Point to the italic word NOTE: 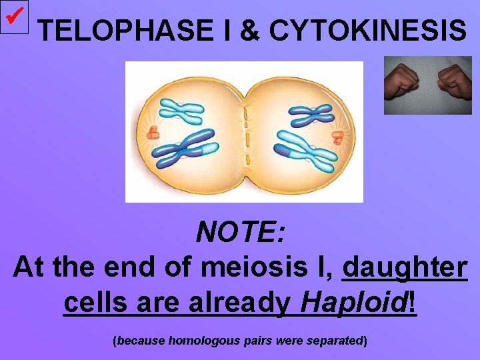(241, 233)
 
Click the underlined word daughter (404, 268)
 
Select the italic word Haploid (353, 303)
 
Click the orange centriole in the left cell (153, 131)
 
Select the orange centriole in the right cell (337, 137)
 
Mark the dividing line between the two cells (245, 133)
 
